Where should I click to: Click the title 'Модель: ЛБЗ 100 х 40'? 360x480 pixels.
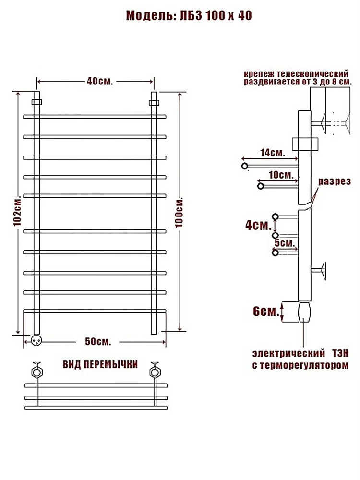coord(189,15)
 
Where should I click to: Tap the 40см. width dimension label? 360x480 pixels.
coord(100,81)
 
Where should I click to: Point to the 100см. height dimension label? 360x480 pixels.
coord(180,213)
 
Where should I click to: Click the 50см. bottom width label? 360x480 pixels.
coord(98,341)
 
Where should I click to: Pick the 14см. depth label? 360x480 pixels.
coord(273,153)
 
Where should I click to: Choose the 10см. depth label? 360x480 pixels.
coord(281,175)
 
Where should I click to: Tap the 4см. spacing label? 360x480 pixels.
coord(258,225)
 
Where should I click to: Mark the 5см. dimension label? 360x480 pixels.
coord(285,243)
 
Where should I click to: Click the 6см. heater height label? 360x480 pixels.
coord(266,312)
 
